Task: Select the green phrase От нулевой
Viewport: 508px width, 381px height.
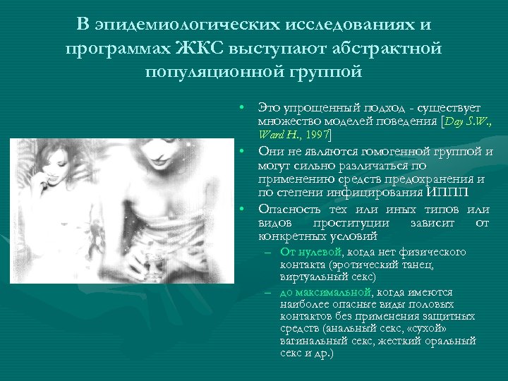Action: pyautogui.click(x=310, y=252)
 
